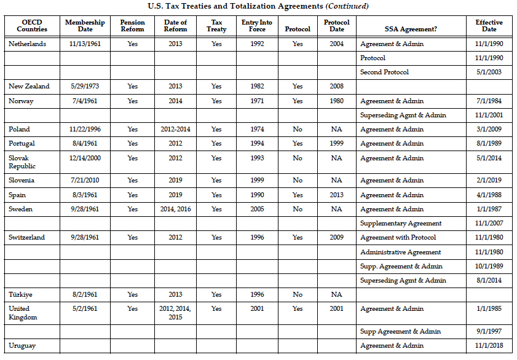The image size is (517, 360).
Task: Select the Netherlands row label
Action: coord(27,44)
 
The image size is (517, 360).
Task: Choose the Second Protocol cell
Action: coord(384,72)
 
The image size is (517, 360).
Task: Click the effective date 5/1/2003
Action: coord(489,72)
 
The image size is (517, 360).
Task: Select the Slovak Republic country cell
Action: coord(22,162)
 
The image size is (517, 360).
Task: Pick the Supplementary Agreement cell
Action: coord(401,224)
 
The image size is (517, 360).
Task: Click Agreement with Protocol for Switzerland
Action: coord(398,238)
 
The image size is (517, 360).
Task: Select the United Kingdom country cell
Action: coord(23,313)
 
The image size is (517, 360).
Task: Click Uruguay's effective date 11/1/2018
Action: coord(489,346)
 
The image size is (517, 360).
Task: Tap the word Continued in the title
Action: coord(348,6)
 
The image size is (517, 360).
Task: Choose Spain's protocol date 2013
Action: coord(336,195)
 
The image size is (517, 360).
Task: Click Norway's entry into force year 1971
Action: coord(257,101)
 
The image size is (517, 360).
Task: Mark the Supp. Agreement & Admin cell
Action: coord(401,267)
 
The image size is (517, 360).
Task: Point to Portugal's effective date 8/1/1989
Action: coord(489,144)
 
